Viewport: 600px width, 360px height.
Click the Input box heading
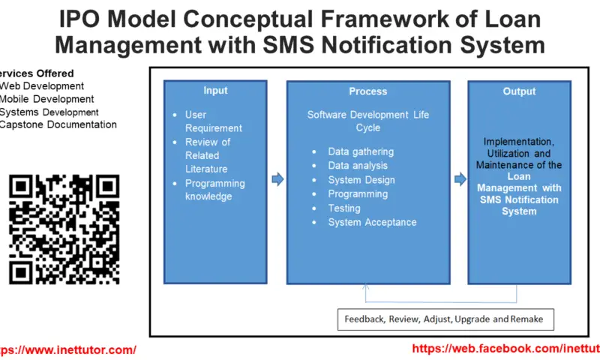click(215, 91)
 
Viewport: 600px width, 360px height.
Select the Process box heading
click(367, 91)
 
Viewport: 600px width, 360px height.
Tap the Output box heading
click(519, 91)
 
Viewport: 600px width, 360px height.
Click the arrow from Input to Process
click(277, 179)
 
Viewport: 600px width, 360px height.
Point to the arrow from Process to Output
click(459, 179)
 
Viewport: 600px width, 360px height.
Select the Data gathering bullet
click(360, 151)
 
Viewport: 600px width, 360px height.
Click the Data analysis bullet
click(358, 166)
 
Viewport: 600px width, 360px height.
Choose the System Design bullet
click(361, 180)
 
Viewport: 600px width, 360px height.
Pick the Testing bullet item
click(343, 208)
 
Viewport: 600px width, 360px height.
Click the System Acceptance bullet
click(372, 222)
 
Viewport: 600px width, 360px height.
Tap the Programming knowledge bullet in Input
click(214, 190)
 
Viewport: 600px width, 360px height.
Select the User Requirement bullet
click(213, 121)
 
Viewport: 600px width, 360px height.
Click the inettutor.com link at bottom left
click(67, 349)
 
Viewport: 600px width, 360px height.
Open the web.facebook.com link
click(506, 349)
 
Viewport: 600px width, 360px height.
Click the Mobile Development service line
click(46, 99)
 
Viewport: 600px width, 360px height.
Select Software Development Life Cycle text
click(367, 121)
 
